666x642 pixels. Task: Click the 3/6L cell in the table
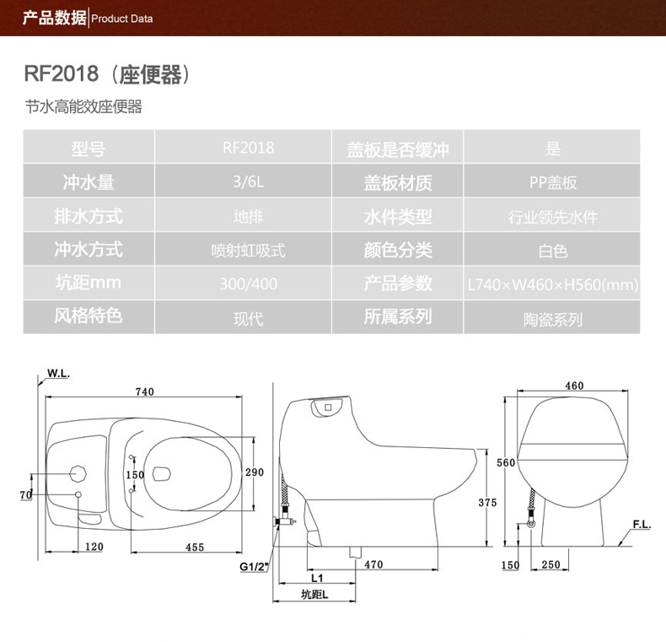pyautogui.click(x=248, y=181)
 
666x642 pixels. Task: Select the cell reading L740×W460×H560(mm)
pyautogui.click(x=552, y=284)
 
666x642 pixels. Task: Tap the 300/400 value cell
pyautogui.click(x=248, y=283)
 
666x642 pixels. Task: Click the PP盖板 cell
pyautogui.click(x=552, y=182)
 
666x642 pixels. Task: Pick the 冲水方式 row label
pyautogui.click(x=89, y=249)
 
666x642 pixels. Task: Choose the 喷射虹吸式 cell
pyautogui.click(x=248, y=251)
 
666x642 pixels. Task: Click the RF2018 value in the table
pyautogui.click(x=248, y=148)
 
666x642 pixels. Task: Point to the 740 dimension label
pyautogui.click(x=144, y=391)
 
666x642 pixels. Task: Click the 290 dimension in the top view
pyautogui.click(x=255, y=472)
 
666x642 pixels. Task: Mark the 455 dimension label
pyautogui.click(x=195, y=548)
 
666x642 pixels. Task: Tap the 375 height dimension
pyautogui.click(x=487, y=503)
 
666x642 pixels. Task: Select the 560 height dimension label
pyautogui.click(x=506, y=462)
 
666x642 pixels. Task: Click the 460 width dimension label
pyautogui.click(x=574, y=386)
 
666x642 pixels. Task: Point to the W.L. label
pyautogui.click(x=58, y=373)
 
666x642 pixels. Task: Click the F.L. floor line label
pyautogui.click(x=642, y=525)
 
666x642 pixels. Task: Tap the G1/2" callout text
pyautogui.click(x=254, y=567)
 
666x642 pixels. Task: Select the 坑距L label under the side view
pyautogui.click(x=314, y=595)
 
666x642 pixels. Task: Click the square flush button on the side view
pyautogui.click(x=328, y=407)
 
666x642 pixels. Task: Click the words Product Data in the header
pyautogui.click(x=122, y=19)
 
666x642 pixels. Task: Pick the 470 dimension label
pyautogui.click(x=373, y=564)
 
